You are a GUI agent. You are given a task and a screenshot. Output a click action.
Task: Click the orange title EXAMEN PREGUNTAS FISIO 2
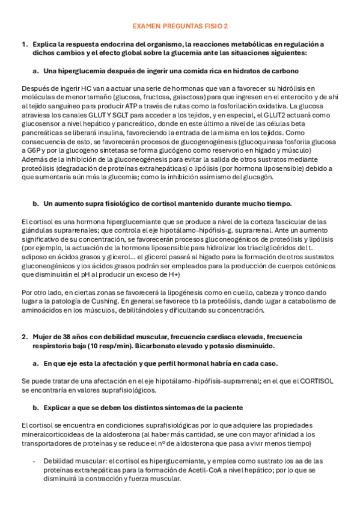(180, 26)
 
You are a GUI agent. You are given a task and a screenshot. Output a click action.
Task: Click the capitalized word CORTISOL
(316, 381)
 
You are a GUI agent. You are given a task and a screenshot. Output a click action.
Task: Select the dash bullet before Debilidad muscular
(34, 460)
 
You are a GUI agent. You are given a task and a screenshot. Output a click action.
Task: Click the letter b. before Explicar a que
(36, 407)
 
